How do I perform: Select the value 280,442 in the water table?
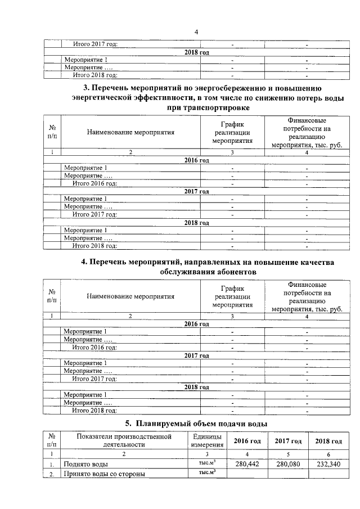(246, 464)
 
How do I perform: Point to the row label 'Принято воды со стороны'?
(104, 474)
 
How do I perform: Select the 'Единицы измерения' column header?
(207, 440)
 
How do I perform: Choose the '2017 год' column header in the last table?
(287, 441)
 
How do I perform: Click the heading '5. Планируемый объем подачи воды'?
(196, 423)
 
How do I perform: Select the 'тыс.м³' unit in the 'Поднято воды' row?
(208, 463)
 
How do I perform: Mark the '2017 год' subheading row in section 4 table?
(196, 355)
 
